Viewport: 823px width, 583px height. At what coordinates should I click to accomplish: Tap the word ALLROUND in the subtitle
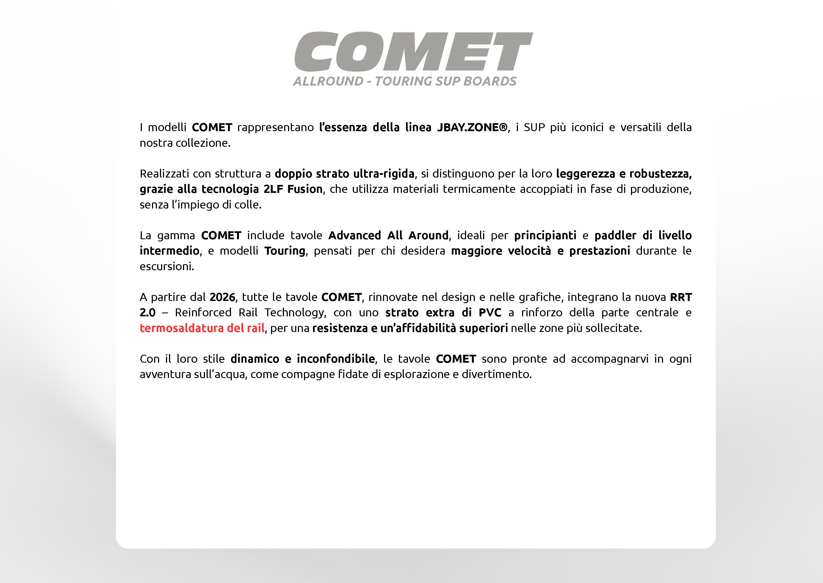[328, 81]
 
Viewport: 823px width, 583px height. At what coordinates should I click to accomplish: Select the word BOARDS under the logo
[490, 81]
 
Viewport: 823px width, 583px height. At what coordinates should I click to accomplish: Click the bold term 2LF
[273, 189]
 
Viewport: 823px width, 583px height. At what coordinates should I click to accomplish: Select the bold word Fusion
[305, 189]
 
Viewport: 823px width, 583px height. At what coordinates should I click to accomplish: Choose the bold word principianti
[545, 235]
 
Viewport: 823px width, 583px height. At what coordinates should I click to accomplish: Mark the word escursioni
[167, 266]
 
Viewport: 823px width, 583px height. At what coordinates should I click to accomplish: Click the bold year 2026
[222, 297]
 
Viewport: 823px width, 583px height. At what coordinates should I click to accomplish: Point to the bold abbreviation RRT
[681, 297]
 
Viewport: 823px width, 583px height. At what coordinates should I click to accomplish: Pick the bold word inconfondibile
[336, 359]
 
